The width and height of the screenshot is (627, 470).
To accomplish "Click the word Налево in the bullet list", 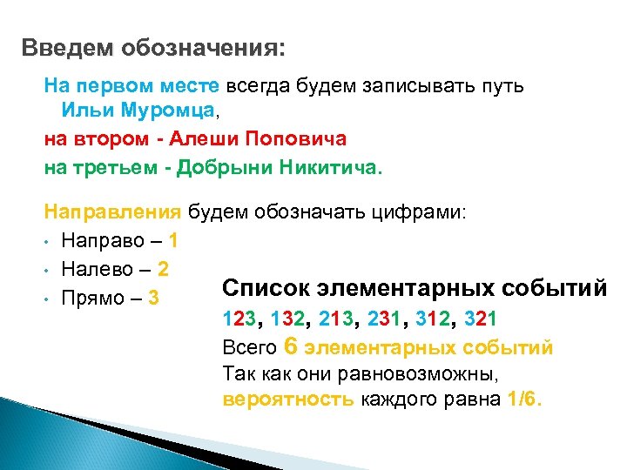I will click(x=96, y=269).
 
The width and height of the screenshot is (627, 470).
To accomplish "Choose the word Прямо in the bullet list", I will click(x=92, y=299).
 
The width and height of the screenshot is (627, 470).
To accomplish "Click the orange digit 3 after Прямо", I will click(x=154, y=299).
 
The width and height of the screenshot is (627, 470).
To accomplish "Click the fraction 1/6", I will click(x=522, y=400).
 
